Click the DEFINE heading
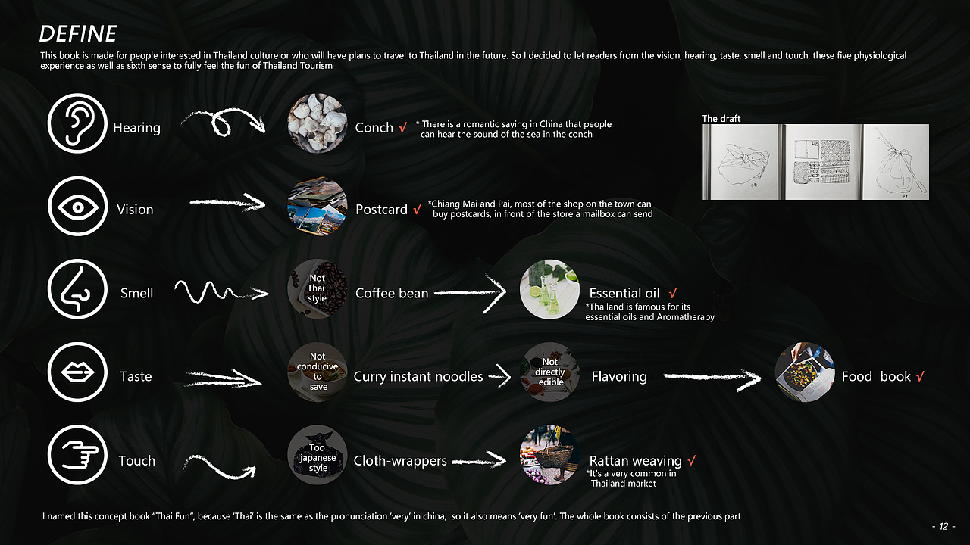(78, 34)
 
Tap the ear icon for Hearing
(77, 123)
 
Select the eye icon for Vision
(77, 207)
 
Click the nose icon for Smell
(77, 289)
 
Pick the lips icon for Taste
(77, 372)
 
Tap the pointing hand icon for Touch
(77, 455)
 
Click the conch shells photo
(318, 123)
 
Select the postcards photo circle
(318, 207)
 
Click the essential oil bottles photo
(549, 289)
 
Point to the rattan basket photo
(549, 455)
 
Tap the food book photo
(805, 372)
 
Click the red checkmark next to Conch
(402, 128)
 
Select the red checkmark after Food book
(920, 376)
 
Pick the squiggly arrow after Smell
(221, 292)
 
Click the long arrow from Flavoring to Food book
(712, 377)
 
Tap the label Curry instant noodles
(418, 376)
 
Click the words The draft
(721, 119)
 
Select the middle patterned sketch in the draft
(822, 162)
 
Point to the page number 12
(943, 526)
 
